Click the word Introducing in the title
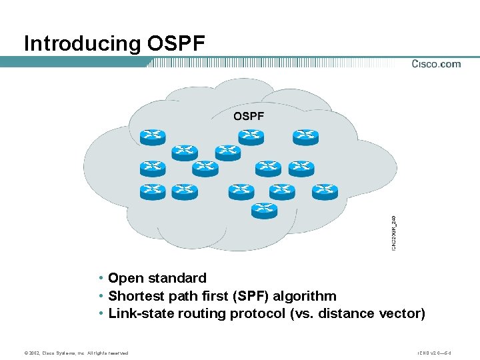click(x=82, y=44)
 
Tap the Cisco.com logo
click(x=435, y=64)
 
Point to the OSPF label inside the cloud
click(x=248, y=116)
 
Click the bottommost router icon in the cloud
click(x=264, y=210)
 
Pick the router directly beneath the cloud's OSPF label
click(x=251, y=136)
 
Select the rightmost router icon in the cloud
click(x=326, y=191)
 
